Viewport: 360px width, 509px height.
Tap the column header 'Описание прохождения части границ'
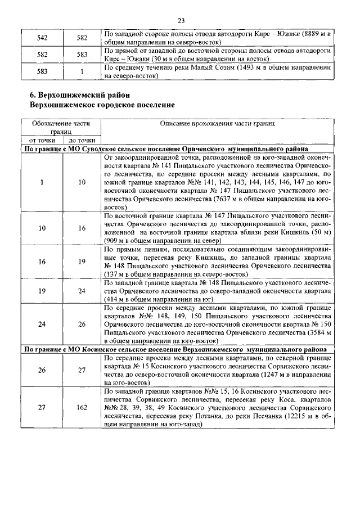click(217, 123)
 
